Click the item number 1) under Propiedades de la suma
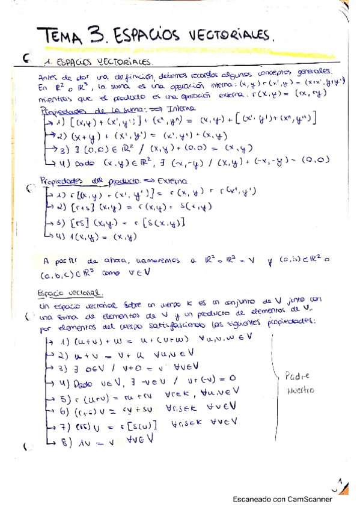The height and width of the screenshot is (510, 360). coord(62,121)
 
